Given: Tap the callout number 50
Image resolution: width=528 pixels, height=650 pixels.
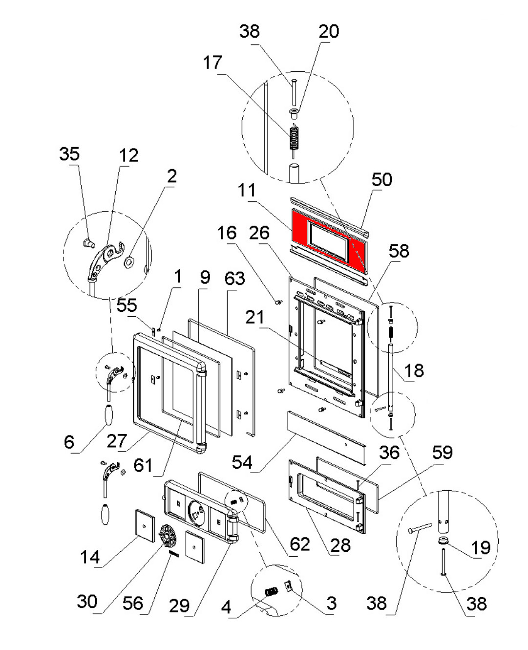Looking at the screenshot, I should (381, 179).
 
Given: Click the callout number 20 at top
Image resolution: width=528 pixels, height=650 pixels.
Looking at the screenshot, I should (329, 31).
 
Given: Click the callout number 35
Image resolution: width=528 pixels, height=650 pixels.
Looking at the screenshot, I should (69, 153).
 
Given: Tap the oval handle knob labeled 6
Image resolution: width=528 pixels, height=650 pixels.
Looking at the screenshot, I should (109, 415).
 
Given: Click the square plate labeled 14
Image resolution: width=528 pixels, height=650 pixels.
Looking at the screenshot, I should (145, 525).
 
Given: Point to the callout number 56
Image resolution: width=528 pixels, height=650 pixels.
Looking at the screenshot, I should (133, 603).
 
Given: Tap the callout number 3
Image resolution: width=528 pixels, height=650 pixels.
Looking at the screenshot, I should (331, 603).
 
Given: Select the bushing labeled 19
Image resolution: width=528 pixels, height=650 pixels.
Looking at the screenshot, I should (444, 542).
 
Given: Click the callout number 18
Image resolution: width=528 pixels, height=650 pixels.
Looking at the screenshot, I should (414, 370).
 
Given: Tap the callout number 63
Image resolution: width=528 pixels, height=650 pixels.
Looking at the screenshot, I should (234, 278).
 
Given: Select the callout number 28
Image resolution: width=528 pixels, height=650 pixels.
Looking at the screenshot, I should (340, 545).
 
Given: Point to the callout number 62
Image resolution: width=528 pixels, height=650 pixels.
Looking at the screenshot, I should (299, 544).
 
